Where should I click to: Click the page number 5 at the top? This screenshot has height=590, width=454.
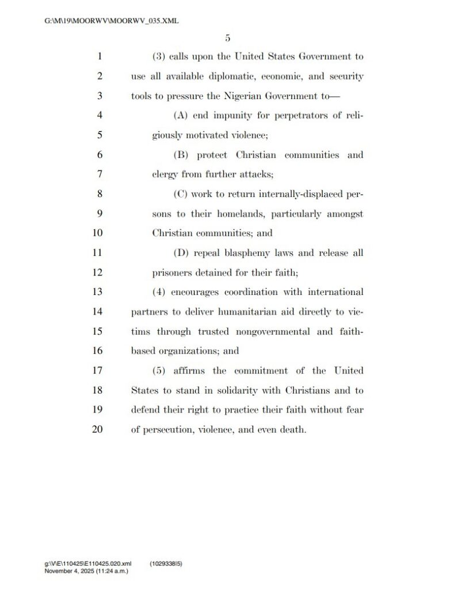(227, 39)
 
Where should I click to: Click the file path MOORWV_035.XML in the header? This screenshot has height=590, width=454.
(112, 21)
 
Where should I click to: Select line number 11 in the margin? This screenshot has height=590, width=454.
(97, 253)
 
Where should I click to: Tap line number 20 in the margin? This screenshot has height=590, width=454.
(97, 429)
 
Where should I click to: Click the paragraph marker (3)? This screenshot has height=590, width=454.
(159, 57)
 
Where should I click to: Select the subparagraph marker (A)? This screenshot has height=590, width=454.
(180, 116)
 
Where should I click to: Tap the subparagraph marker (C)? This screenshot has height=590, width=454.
(180, 194)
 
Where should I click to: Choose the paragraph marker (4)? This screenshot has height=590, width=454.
(159, 292)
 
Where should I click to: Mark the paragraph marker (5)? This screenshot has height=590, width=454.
(159, 370)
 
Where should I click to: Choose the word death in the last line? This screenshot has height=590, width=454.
(292, 429)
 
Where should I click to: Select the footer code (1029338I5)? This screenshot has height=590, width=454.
(166, 565)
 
